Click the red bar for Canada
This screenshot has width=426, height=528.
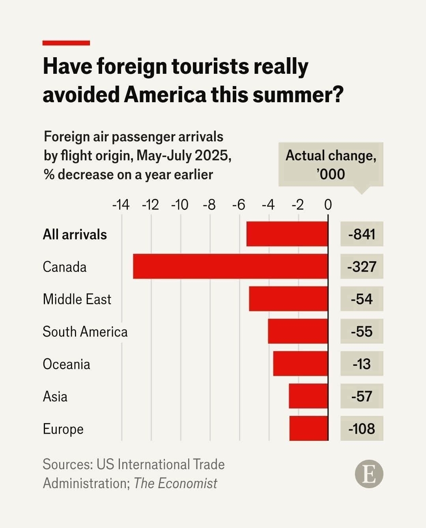[230, 266]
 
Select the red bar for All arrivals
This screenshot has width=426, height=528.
[287, 234]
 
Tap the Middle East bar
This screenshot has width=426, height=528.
[288, 299]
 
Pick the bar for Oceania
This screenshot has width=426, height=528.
[301, 363]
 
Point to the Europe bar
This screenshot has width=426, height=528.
[308, 428]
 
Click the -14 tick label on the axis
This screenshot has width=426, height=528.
[121, 205]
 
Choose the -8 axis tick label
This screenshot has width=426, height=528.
[209, 205]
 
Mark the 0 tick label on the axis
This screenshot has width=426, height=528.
[328, 205]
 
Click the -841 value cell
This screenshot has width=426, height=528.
[362, 234]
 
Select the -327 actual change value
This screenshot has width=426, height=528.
[362, 266]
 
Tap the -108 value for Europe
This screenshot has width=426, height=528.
[362, 428]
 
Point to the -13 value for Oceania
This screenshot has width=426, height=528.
[362, 363]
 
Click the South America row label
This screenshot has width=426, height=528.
[85, 331]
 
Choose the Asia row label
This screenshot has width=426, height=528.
[55, 396]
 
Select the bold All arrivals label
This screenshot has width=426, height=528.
[75, 234]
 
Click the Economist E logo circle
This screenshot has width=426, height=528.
[369, 474]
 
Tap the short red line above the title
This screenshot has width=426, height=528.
[66, 43]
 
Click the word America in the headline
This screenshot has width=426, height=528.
[165, 95]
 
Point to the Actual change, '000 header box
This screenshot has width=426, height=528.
[331, 165]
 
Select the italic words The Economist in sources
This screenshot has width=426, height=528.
[176, 483]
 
